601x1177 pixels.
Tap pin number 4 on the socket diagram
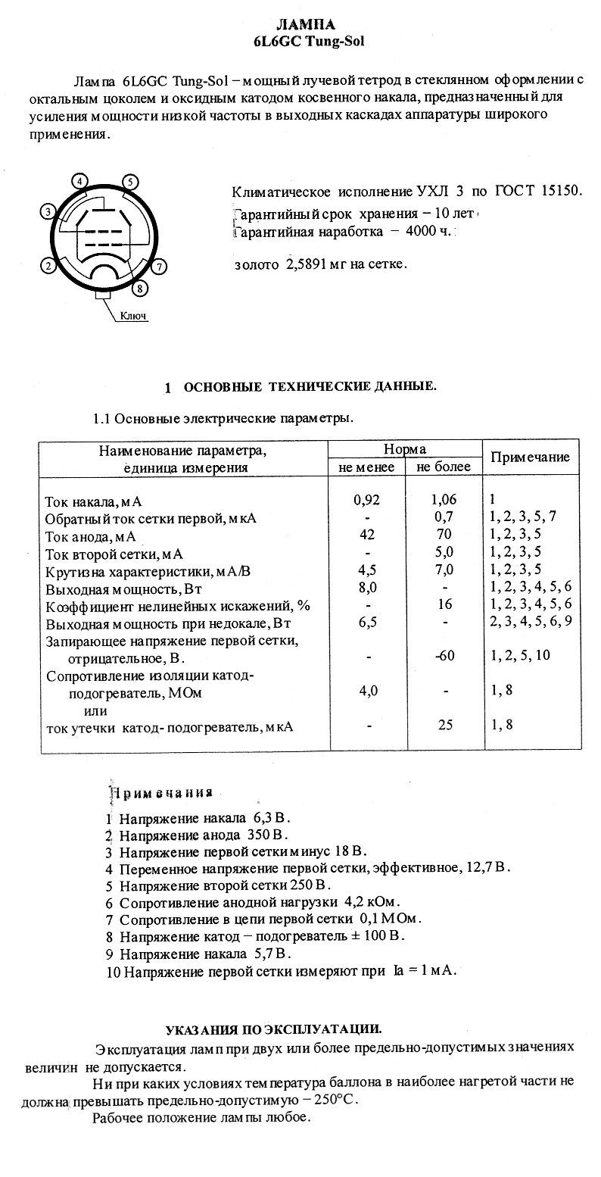[x=80, y=181]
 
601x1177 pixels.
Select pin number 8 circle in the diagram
[x=139, y=287]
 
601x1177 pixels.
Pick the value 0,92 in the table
[x=366, y=500]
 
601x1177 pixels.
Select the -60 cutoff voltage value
[x=445, y=655]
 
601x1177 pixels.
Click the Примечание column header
[x=531, y=457]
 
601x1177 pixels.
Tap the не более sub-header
[x=444, y=467]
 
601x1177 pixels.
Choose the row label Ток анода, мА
[x=91, y=536]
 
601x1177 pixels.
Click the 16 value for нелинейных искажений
[x=445, y=604]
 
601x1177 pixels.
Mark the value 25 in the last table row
[x=445, y=725]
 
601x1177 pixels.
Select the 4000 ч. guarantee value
[x=428, y=231]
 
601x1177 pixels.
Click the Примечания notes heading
[x=162, y=793]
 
